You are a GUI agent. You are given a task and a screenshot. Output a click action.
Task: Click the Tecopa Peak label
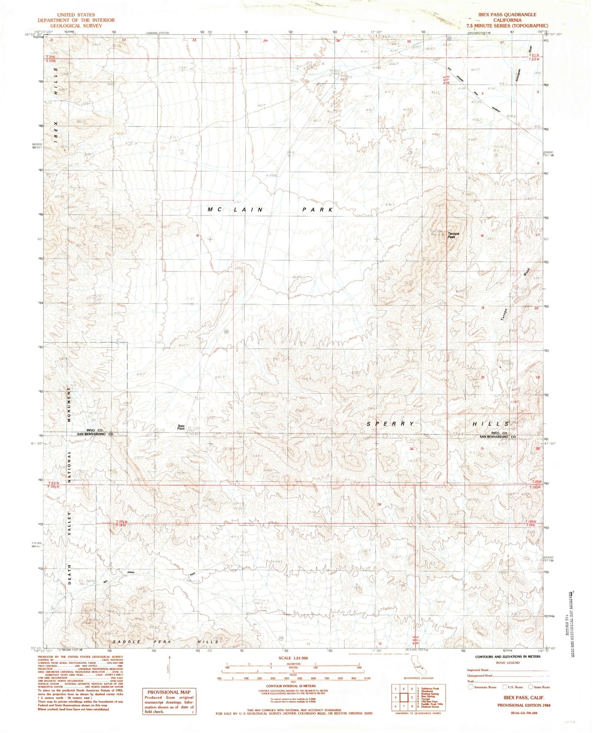coord(453,235)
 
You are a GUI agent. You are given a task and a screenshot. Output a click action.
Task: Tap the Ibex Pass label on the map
coord(181,427)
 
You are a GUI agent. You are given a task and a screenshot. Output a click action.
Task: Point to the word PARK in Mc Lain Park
coord(318,210)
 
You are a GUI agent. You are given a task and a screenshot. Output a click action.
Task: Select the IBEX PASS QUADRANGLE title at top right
coord(507,14)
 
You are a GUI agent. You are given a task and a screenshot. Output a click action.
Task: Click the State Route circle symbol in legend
coord(530,687)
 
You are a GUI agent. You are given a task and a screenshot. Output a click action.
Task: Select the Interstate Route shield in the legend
coord(471,687)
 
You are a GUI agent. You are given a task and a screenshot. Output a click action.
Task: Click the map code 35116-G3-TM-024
coord(521,713)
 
